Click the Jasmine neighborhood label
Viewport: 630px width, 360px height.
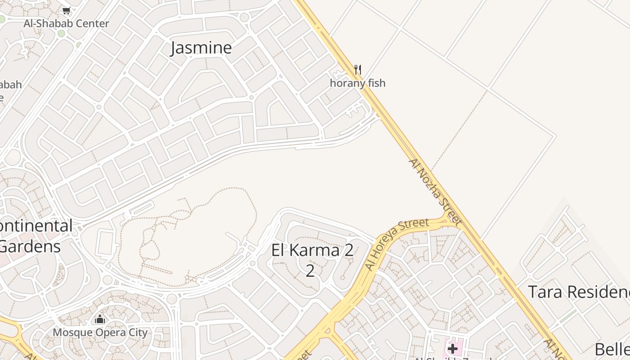[x=201, y=48]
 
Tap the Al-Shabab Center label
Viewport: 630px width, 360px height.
[x=66, y=23]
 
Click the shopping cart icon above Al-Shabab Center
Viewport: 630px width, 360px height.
[x=67, y=10]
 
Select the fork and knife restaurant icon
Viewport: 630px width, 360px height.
[x=358, y=69]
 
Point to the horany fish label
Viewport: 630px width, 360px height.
[x=358, y=83]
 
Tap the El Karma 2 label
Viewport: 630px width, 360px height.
[x=312, y=250]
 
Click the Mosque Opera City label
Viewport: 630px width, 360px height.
[x=100, y=333]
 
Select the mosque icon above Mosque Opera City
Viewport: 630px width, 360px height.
[x=100, y=319]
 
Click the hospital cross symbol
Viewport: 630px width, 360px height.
[x=453, y=348]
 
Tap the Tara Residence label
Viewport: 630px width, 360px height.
[x=579, y=292]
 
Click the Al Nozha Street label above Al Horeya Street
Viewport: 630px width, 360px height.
[x=435, y=192]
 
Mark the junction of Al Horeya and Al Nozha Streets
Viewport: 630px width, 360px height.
[x=448, y=218]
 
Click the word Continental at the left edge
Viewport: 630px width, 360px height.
[x=36, y=225]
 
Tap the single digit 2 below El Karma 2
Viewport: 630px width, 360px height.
[x=310, y=271]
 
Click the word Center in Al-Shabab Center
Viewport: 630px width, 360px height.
[x=92, y=23]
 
